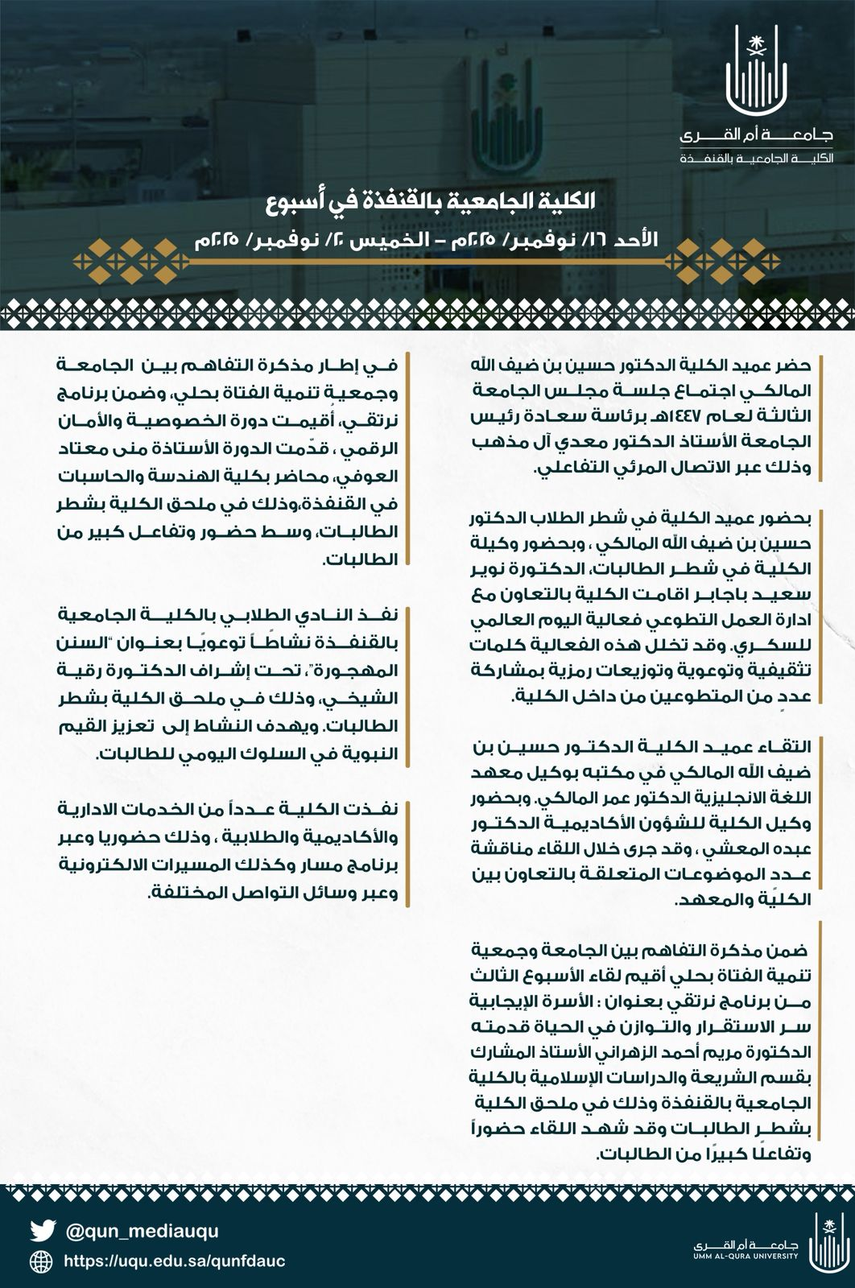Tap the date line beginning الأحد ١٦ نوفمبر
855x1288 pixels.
click(427, 240)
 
